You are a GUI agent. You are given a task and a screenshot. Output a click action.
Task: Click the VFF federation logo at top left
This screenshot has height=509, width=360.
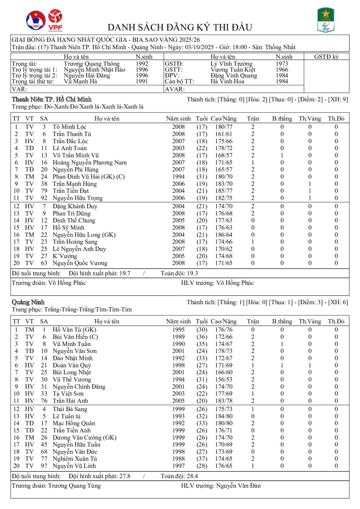(36, 19)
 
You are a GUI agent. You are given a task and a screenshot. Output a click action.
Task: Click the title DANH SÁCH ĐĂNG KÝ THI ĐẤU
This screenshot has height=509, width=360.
(180, 27)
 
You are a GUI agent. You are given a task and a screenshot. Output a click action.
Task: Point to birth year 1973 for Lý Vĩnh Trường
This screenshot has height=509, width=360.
(282, 64)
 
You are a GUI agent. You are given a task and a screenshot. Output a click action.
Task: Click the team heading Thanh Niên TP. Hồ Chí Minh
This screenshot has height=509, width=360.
(51, 100)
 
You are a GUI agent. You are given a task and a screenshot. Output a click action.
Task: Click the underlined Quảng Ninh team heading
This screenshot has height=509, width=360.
(29, 302)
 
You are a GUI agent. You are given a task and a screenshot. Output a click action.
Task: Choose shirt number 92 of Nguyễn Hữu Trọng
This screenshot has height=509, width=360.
(44, 198)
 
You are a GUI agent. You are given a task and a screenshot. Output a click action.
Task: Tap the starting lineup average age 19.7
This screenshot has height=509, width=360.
(128, 273)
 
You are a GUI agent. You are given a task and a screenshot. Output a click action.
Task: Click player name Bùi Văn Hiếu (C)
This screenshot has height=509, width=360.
(75, 337)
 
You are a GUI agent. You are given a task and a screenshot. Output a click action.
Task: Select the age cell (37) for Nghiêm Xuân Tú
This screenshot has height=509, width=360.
(201, 459)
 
